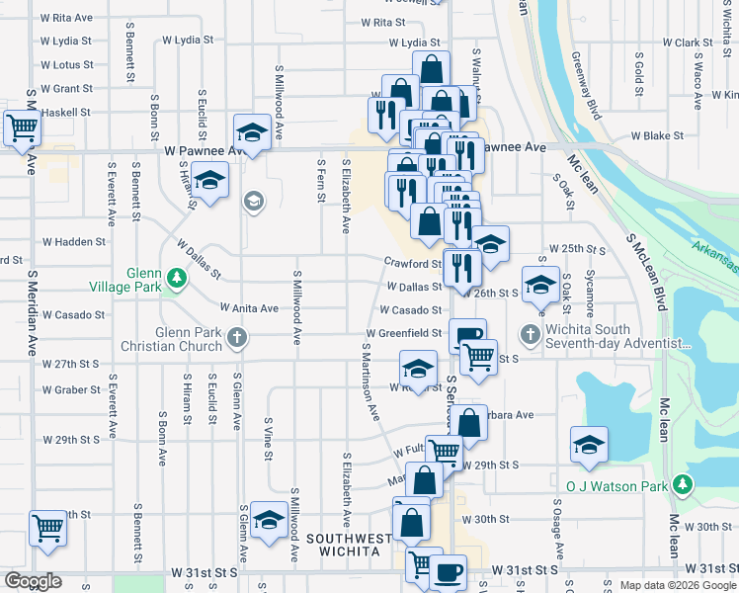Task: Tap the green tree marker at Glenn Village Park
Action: coord(177,280)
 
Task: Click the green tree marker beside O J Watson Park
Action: coord(682,484)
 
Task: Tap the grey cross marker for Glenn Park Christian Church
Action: coord(236,338)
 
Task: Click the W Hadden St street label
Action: coord(73,241)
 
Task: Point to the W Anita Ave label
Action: coord(249,307)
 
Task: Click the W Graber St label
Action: coord(71,389)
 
